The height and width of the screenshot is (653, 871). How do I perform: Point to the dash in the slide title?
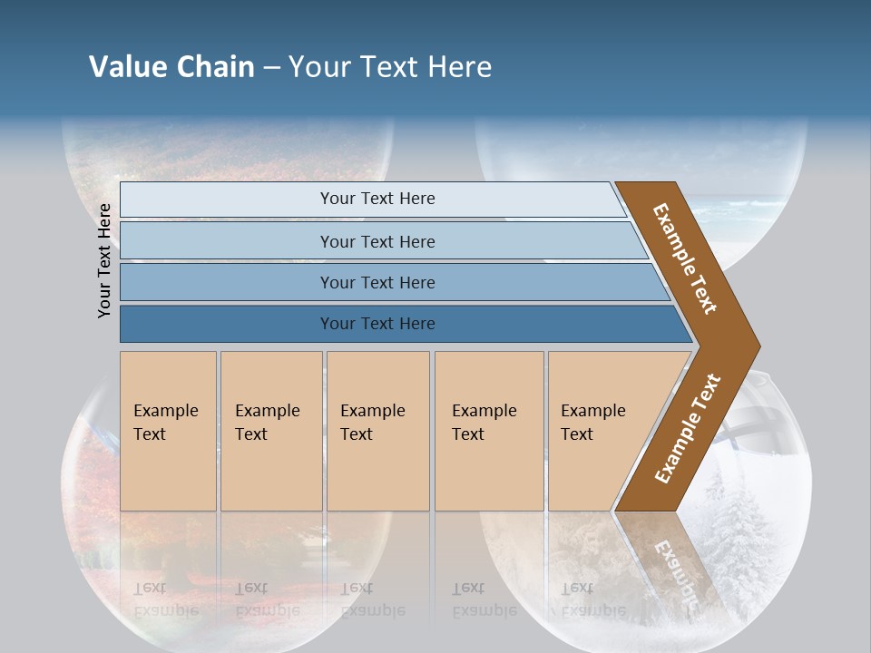271,68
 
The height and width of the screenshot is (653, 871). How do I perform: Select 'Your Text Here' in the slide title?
390,67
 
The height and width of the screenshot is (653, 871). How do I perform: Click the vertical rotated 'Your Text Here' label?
104,260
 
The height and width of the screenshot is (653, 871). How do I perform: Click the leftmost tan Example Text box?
168,430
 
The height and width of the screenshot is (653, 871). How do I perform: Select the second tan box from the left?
271,430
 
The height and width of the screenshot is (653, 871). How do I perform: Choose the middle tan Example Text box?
377,430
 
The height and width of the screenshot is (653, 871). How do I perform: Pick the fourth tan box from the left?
489,430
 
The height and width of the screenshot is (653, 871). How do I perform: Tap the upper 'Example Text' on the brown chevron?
685,258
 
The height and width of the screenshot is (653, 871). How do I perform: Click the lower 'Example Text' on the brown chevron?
688,428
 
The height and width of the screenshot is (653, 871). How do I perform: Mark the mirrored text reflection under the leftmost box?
166,599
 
